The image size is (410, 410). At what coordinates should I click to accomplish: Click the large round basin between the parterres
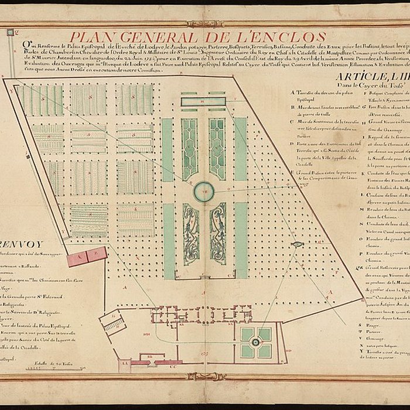point(204,191)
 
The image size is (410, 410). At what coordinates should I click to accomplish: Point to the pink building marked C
point(77,258)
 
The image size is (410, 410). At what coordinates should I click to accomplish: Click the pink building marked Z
point(97,254)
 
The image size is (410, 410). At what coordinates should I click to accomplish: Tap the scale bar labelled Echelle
point(53,367)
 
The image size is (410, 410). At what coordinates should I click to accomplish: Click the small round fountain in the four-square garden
point(255,342)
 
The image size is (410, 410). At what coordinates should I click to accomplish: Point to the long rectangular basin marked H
point(203,102)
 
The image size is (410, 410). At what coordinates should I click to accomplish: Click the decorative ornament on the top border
point(204,24)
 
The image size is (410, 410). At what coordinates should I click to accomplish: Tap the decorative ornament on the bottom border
point(204,377)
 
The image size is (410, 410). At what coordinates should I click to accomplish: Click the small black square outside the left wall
point(9,33)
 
